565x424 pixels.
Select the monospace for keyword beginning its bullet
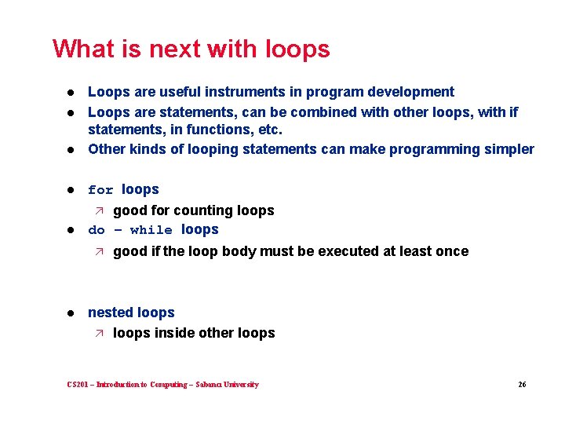point(100,190)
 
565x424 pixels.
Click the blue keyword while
point(151,230)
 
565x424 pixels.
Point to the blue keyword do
point(97,230)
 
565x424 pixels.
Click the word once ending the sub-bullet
point(451,251)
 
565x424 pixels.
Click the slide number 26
point(522,385)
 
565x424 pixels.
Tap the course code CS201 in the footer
point(78,385)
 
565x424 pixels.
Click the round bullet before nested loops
point(70,313)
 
